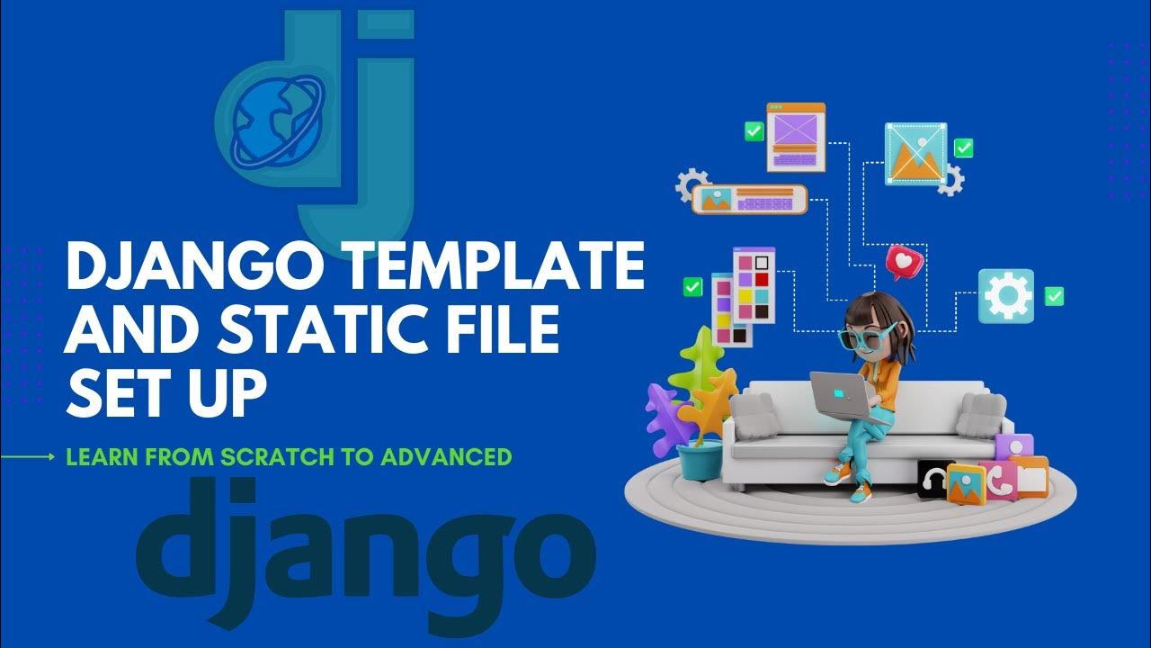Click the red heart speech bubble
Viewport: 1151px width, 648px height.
pyautogui.click(x=904, y=261)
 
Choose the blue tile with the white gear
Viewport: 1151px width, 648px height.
pyautogui.click(x=1006, y=295)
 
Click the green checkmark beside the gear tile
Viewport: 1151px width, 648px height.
pyautogui.click(x=1054, y=296)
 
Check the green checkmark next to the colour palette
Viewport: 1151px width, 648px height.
pyautogui.click(x=692, y=287)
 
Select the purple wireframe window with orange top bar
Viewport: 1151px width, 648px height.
pyautogui.click(x=796, y=137)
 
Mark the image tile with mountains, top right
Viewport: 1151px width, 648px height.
pyautogui.click(x=915, y=153)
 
